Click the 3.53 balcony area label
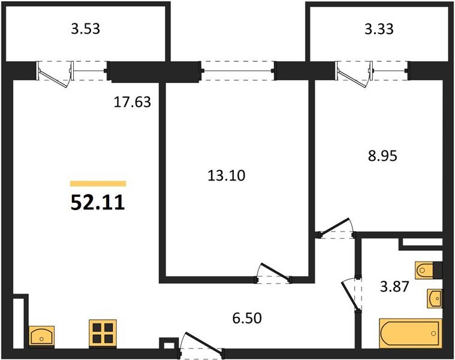pos(86,29)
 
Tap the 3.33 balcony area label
pos(379,29)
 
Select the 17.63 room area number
pos(132,102)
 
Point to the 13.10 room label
pos(227,176)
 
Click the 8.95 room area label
pos(382,156)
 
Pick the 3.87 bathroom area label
pos(394,287)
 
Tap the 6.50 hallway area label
pos(247,318)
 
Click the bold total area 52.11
pos(98,202)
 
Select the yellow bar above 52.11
pos(98,184)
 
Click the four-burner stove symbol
pos(103,334)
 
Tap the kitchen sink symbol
pos(41,337)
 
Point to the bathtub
pos(411,333)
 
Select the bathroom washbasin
pos(435,298)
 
